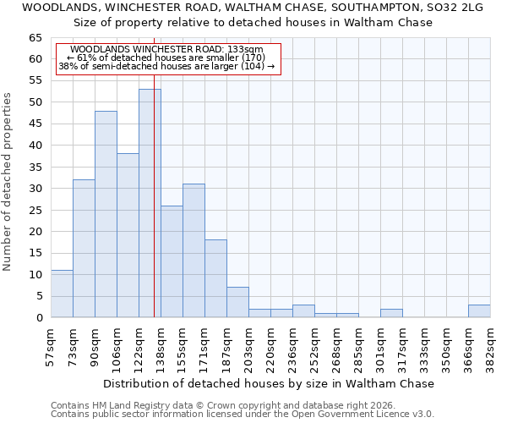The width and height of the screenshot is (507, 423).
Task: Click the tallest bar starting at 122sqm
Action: [150, 203]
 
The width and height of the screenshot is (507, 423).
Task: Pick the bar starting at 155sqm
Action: [194, 250]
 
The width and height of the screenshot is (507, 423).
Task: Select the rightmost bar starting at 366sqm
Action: [479, 311]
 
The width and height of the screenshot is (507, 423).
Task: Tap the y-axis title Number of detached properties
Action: [8, 182]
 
